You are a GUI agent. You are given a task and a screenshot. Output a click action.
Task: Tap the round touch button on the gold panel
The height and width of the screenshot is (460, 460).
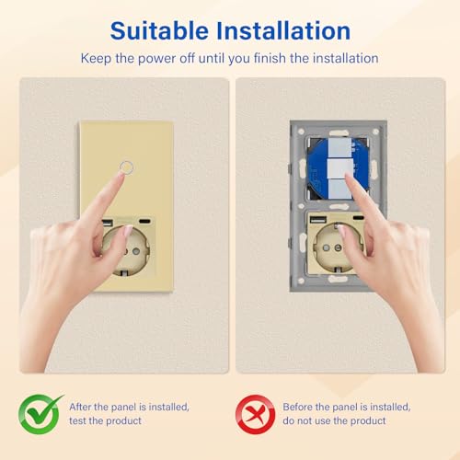125,168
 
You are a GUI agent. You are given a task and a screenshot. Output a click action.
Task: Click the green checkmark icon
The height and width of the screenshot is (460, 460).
40,412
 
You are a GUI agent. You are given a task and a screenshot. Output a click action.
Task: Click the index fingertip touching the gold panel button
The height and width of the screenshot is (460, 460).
121,178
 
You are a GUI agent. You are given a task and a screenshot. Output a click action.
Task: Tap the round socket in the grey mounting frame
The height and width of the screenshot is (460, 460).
338,253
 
